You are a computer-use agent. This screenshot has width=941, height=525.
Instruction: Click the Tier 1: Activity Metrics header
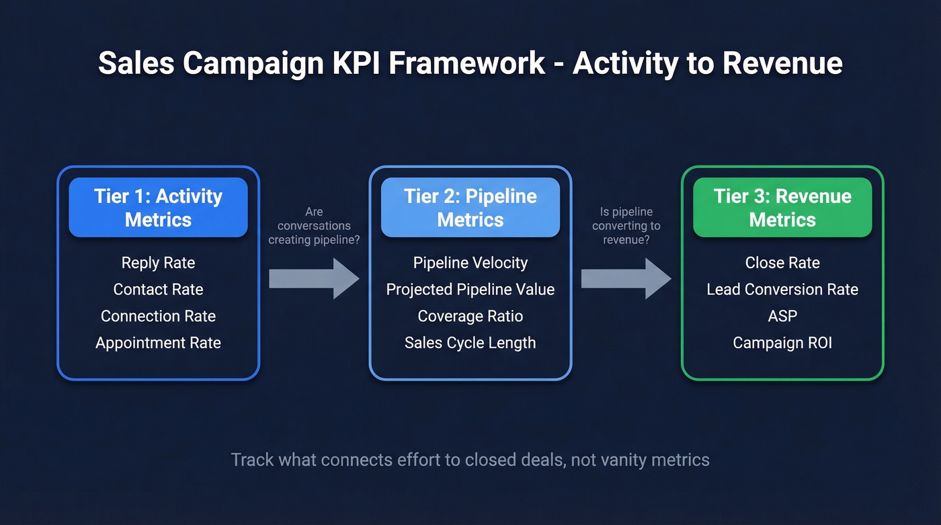point(158,208)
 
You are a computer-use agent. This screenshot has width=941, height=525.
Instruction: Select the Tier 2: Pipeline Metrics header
point(470,208)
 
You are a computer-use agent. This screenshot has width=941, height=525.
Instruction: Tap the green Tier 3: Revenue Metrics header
point(782,208)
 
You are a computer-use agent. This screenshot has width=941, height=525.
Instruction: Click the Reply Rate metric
point(158,263)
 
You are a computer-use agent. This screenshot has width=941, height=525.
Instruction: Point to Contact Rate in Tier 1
point(158,290)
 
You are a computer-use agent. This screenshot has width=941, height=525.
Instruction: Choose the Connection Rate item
point(158,316)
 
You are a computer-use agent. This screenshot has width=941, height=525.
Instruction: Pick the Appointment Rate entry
point(158,343)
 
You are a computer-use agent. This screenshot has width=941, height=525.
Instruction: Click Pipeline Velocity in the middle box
point(470,263)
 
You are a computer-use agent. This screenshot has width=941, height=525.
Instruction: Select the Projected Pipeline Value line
point(470,290)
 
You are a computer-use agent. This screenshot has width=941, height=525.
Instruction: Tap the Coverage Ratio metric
point(470,316)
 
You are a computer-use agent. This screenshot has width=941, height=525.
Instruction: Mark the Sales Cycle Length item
point(470,343)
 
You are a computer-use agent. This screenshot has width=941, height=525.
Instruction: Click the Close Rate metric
point(782,263)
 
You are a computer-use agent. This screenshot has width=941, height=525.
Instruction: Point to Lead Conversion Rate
point(782,290)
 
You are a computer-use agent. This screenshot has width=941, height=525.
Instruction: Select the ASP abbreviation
point(782,316)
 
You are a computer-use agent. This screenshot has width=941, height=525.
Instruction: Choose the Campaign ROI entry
point(782,343)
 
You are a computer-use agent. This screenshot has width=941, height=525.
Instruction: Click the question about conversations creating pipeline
point(314,226)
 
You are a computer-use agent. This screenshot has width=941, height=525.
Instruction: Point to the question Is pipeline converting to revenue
point(626,226)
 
